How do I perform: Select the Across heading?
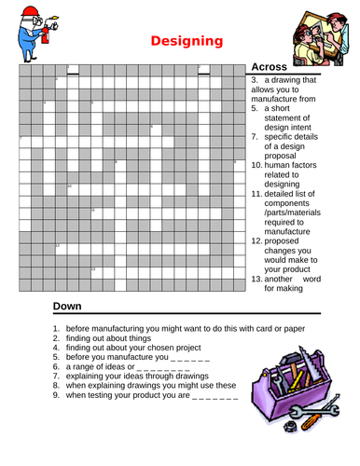[270, 68]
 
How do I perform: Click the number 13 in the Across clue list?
[256, 279]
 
